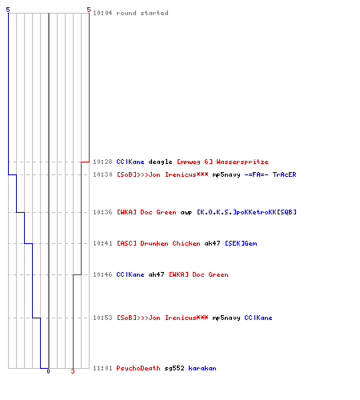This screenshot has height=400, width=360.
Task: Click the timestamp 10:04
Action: click(102, 13)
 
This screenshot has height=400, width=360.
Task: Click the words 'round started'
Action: click(142, 13)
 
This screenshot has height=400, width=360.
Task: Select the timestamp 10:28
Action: click(102, 162)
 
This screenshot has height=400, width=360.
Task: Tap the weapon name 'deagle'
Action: click(160, 162)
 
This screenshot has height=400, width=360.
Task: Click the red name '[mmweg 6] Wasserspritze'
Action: click(222, 162)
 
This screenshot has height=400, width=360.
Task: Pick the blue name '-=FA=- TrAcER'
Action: click(270, 174)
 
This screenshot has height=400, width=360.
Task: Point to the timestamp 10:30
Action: click(102, 174)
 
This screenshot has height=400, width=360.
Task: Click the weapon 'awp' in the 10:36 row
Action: click(186, 213)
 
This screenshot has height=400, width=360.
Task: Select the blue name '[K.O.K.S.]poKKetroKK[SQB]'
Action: click(246, 212)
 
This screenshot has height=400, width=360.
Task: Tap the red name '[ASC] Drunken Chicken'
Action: click(158, 243)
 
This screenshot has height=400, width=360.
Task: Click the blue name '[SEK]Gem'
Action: click(241, 243)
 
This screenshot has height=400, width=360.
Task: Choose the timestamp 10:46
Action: click(102, 274)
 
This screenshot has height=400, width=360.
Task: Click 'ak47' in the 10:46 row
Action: click(156, 274)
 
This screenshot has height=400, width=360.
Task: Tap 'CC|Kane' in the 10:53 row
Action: click(258, 318)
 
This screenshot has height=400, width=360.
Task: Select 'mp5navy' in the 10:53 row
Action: click(226, 318)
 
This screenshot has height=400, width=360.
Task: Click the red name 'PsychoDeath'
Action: click(138, 368)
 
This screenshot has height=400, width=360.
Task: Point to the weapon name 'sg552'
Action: click(174, 369)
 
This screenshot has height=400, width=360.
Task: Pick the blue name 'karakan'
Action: click(202, 368)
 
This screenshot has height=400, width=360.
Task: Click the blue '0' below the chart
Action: click(48, 371)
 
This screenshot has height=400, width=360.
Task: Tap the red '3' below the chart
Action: click(73, 371)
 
